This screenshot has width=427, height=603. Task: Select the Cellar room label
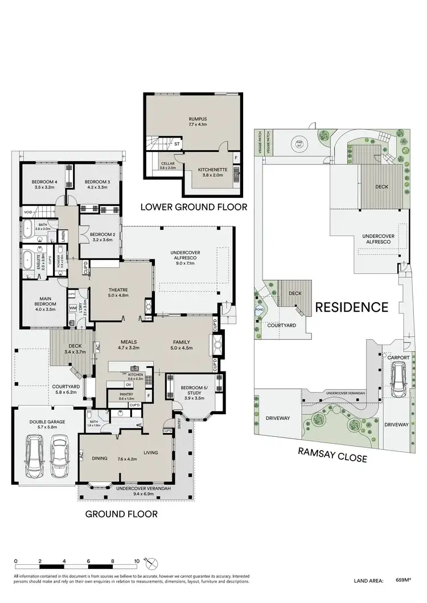(x=168, y=166)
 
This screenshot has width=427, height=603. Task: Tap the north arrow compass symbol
(x=153, y=563)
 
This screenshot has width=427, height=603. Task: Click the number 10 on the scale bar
(x=137, y=561)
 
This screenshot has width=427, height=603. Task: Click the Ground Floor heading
(x=121, y=514)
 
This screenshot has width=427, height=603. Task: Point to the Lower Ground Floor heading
(x=194, y=207)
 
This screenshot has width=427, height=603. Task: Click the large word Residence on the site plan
(x=352, y=307)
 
